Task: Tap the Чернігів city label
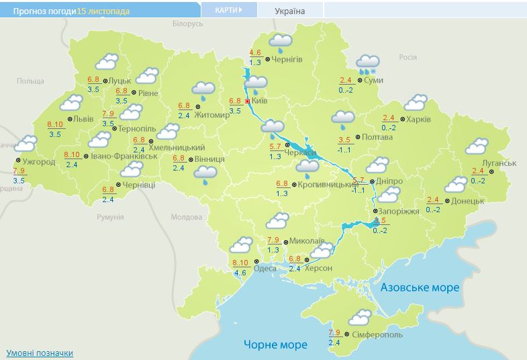pyautogui.click(x=287, y=59)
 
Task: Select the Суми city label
pyautogui.click(x=375, y=81)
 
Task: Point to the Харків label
pyautogui.click(x=418, y=120)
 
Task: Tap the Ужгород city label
pyautogui.click(x=38, y=162)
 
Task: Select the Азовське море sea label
pyautogui.click(x=420, y=287)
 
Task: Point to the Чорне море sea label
pyautogui.click(x=275, y=345)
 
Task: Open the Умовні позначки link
pyautogui.click(x=40, y=353)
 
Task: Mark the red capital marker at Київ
pyautogui.click(x=248, y=101)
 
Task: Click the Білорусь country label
pyautogui.click(x=187, y=24)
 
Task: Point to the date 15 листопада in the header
pyautogui.click(x=103, y=11)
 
